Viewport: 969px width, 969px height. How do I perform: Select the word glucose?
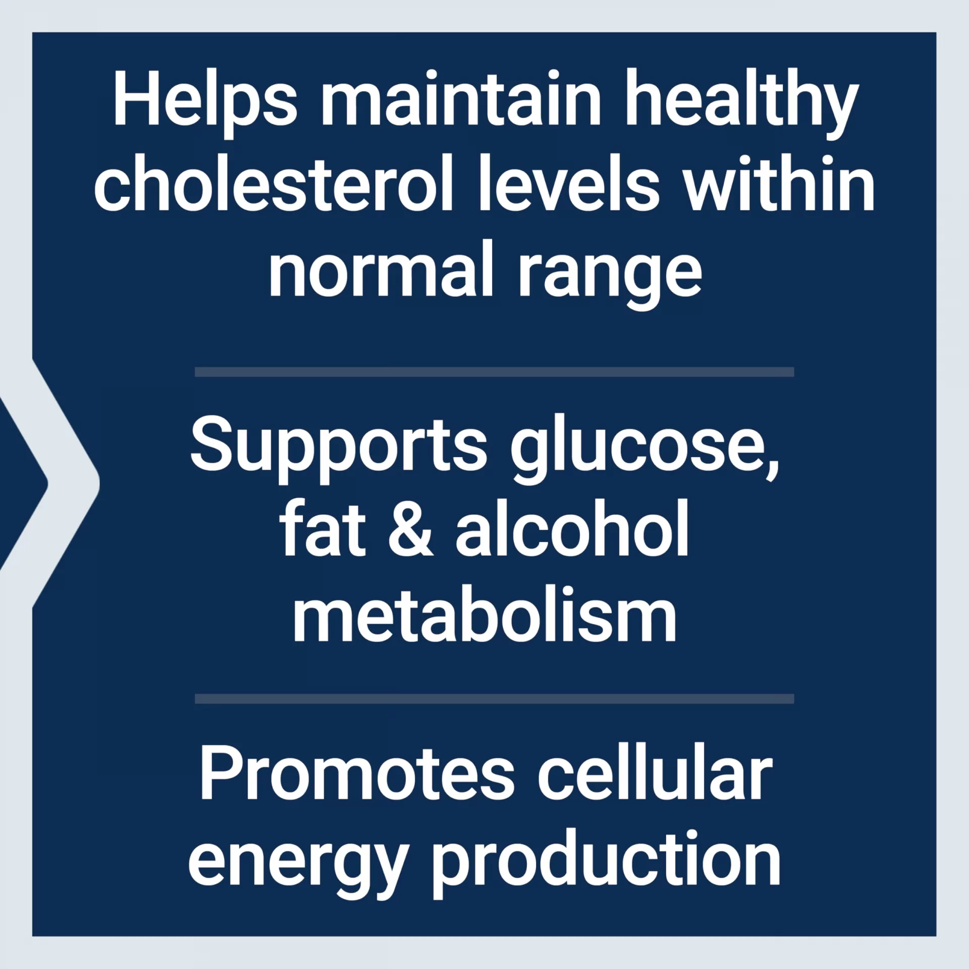tap(644, 447)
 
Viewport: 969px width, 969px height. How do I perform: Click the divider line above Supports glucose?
tap(495, 372)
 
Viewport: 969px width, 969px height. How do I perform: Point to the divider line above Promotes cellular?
tap(495, 699)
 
